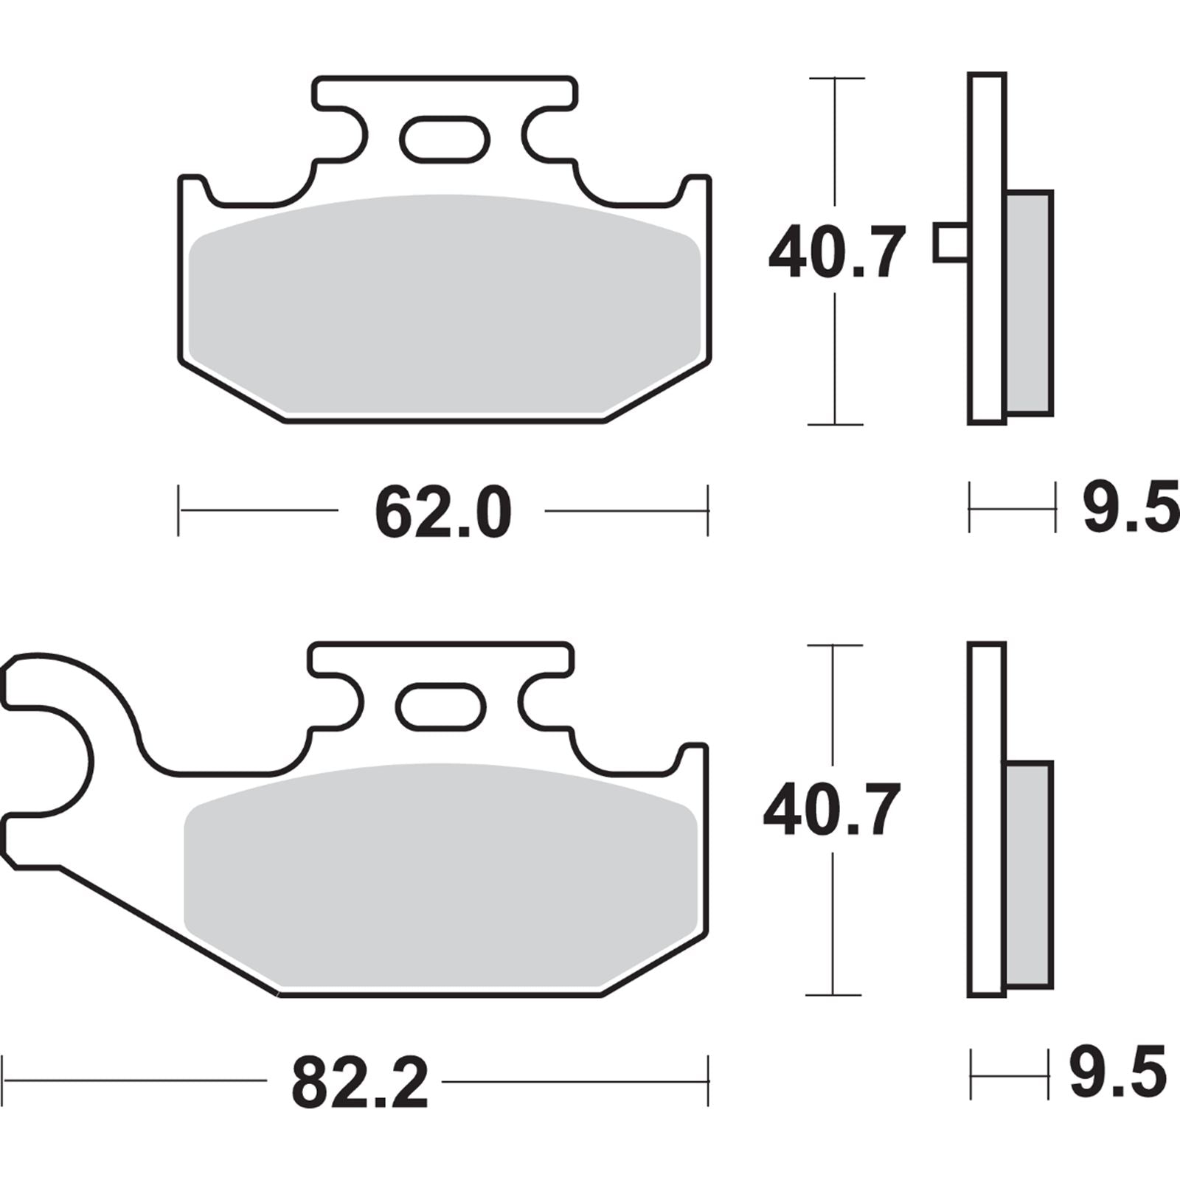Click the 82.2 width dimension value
pos(359,1083)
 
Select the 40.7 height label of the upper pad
pos(836,253)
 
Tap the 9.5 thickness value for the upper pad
pos(1129,509)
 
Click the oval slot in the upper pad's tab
pos(444,138)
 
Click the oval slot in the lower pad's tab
pos(440,707)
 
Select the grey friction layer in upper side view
pos(1029,302)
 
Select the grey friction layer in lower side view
pos(1028,874)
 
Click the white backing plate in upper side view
pos(987,248)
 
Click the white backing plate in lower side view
pos(986,819)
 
